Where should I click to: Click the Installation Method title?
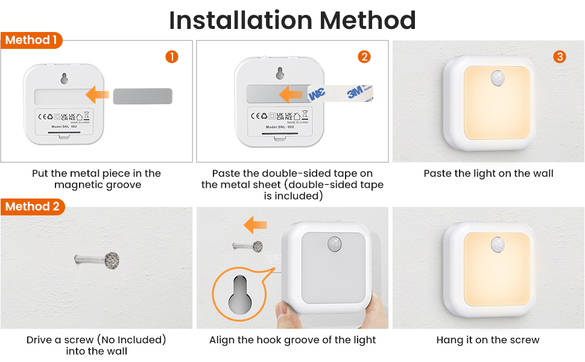292,20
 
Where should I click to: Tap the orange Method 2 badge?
32,206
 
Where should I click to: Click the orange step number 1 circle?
172,57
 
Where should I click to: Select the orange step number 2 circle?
364,57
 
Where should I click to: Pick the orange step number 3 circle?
560,57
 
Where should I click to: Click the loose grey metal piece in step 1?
142,95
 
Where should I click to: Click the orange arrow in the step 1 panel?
97,95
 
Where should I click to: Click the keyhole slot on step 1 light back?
65,78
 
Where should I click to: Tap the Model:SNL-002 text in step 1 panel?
65,127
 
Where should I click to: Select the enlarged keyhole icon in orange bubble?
239,295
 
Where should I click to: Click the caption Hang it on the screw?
488,340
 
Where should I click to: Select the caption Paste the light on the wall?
488,174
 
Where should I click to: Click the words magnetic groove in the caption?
97,185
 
